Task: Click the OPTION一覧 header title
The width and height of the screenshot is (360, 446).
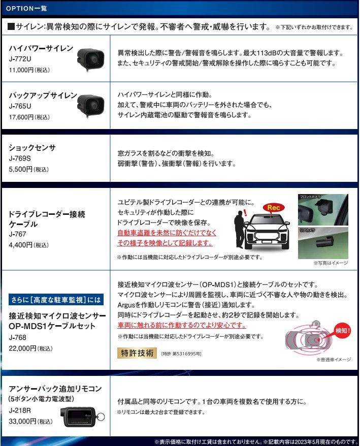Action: [26, 8]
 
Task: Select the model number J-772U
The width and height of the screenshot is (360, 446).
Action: [20, 59]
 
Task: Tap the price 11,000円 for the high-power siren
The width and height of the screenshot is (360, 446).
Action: [29, 70]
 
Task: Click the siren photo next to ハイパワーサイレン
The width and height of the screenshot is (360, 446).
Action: [91, 58]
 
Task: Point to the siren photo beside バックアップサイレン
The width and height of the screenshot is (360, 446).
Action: [91, 105]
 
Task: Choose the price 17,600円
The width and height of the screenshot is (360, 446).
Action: [29, 117]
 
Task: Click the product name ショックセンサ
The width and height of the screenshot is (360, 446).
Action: [32, 148]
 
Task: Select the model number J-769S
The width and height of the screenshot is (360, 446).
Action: [20, 158]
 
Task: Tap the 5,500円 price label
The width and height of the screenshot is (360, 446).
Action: [29, 169]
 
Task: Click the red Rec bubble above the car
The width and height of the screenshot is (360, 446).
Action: [274, 208]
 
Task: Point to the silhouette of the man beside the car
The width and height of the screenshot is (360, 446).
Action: [240, 230]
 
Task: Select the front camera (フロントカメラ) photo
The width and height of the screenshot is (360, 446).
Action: [323, 210]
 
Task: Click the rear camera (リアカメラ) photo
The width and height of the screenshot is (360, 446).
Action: [323, 243]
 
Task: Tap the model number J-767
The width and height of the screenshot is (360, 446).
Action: [17, 234]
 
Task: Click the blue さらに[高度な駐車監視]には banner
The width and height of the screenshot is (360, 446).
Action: [56, 300]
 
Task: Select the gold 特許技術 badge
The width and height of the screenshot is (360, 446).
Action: [137, 353]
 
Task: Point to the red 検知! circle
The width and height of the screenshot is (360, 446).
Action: [342, 331]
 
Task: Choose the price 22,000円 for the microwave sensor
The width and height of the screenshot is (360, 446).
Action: [30, 348]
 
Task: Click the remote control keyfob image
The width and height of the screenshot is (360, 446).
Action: [82, 417]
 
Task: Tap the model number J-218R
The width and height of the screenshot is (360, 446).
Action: [20, 410]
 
